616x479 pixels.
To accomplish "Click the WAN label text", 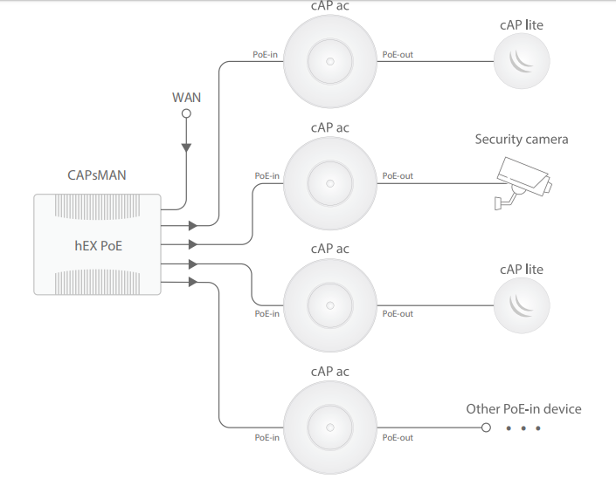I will pyautogui.click(x=186, y=97).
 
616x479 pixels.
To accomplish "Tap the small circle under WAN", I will pyautogui.click(x=186, y=113).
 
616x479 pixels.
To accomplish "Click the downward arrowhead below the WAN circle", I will pyautogui.click(x=186, y=147).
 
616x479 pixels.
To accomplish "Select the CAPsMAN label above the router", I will pyautogui.click(x=96, y=174).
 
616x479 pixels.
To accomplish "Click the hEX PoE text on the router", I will pyautogui.click(x=98, y=245).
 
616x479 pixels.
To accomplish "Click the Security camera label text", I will pyautogui.click(x=522, y=139).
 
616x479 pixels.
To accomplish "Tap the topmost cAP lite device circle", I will pyautogui.click(x=522, y=61).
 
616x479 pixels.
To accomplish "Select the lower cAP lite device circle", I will pyautogui.click(x=522, y=305).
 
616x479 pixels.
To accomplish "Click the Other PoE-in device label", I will pyautogui.click(x=523, y=408).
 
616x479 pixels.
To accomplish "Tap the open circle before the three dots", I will pyautogui.click(x=487, y=428).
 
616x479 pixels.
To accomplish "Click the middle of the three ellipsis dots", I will pyautogui.click(x=523, y=428).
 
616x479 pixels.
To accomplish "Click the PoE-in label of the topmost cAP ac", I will pyautogui.click(x=266, y=54).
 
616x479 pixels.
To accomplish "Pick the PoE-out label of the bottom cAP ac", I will pyautogui.click(x=398, y=437).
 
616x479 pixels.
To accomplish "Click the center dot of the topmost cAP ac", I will pyautogui.click(x=330, y=61).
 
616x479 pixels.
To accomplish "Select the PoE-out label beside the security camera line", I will pyautogui.click(x=398, y=175).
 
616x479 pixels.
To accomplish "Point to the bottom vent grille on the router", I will pyautogui.click(x=98, y=281).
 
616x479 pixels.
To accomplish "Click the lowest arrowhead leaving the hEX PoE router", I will pyautogui.click(x=193, y=282).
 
